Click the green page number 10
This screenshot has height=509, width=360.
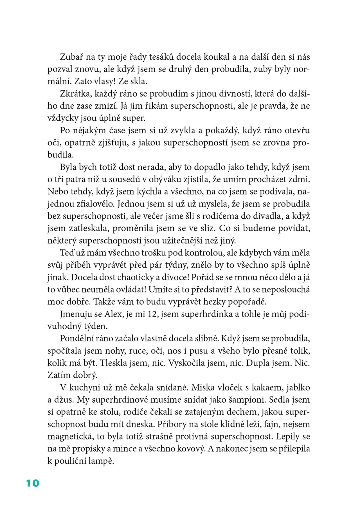click(33, 483)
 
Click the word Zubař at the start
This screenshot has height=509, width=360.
click(70, 57)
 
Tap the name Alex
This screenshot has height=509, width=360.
click(114, 314)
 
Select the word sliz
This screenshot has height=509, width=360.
click(207, 228)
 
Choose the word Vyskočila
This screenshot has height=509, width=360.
click(187, 363)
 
